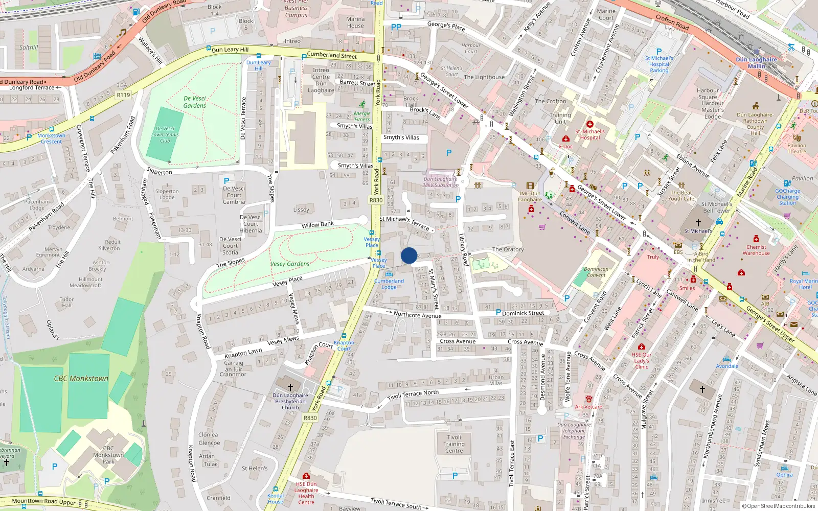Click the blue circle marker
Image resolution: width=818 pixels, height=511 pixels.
(409, 255)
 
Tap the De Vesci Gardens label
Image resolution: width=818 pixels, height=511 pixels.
(195, 102)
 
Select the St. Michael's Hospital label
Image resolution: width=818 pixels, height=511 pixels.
(589, 134)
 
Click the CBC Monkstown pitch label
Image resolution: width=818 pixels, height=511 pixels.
(81, 379)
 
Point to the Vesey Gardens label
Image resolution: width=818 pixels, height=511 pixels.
(290, 264)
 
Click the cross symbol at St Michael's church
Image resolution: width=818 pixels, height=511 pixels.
(698, 223)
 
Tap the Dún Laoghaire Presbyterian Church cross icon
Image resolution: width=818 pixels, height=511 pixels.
(290, 387)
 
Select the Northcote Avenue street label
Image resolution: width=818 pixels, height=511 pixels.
(417, 315)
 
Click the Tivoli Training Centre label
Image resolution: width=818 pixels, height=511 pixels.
(454, 444)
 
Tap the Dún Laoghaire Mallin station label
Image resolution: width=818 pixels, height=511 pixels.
(756, 63)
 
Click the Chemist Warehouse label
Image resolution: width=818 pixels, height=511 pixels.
(756, 250)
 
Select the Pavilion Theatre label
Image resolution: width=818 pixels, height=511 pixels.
(797, 148)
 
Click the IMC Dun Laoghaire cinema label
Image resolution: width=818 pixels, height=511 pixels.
(530, 196)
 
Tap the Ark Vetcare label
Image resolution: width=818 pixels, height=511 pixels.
(588, 407)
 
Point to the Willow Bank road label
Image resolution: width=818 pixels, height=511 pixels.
(317, 225)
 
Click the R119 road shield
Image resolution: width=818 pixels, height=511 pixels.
(123, 95)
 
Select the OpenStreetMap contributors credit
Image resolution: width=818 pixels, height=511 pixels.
(778, 506)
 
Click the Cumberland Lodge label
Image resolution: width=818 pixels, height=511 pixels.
(389, 284)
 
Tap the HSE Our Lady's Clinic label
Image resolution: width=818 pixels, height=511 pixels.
(642, 360)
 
